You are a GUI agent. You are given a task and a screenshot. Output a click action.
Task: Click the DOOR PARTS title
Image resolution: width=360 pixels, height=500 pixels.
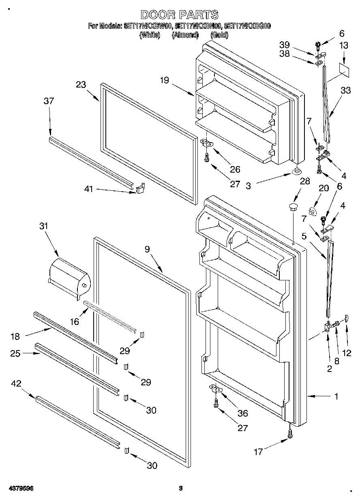click(180, 15)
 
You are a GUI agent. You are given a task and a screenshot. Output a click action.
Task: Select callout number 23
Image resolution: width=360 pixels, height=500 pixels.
click(81, 85)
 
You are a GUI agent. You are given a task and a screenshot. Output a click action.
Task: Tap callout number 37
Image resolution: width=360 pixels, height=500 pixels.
click(49, 101)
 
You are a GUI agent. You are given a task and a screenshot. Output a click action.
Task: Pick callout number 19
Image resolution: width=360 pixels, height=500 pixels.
click(164, 80)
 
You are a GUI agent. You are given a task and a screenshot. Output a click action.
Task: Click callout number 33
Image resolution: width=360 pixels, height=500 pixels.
click(345, 91)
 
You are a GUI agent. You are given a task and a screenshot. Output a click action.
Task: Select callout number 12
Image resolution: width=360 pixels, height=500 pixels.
click(347, 353)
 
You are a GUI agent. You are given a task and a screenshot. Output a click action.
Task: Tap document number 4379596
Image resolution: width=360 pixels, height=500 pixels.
click(20, 489)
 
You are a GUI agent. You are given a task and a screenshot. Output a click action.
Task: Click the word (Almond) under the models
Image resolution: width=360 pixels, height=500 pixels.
click(184, 35)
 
